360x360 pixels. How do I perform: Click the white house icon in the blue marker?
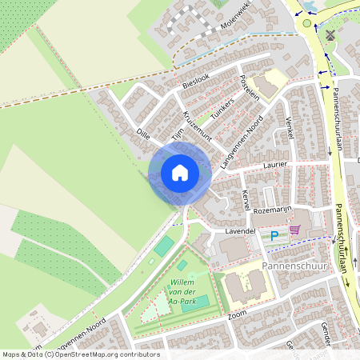point(180,173)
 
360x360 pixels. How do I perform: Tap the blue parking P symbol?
point(274,235)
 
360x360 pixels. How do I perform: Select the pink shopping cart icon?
point(294,230)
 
